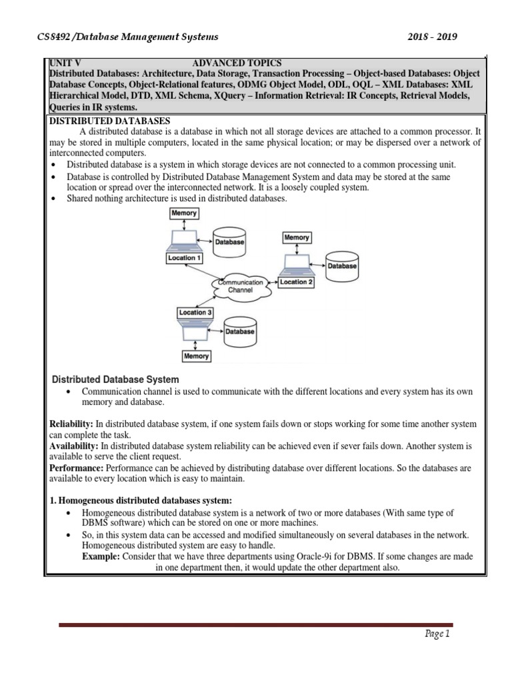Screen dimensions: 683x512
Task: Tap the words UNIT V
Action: pos(65,61)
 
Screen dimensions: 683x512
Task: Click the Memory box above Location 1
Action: pos(184,213)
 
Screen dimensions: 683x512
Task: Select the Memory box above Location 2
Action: pos(297,237)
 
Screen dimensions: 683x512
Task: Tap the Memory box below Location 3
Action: pos(195,356)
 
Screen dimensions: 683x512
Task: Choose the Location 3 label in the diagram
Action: pos(196,312)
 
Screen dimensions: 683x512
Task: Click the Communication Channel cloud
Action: pos(241,286)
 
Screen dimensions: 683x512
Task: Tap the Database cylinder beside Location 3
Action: pos(239,331)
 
